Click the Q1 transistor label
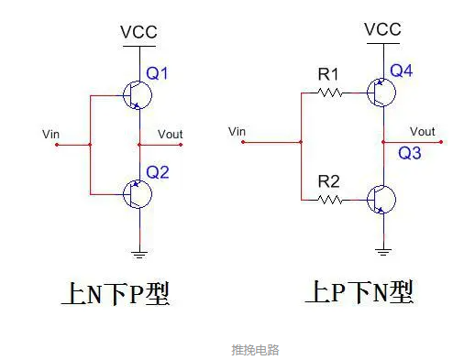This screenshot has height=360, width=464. (157, 74)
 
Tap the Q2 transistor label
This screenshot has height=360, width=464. (157, 171)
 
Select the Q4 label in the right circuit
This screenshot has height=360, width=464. (401, 71)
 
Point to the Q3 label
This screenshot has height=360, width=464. (410, 154)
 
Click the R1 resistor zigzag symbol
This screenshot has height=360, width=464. (328, 93)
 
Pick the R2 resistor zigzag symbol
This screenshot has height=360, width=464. (328, 198)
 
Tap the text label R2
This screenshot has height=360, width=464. (329, 180)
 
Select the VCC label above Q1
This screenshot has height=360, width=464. (139, 33)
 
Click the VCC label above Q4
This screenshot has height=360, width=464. (382, 29)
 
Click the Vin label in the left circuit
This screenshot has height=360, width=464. (51, 135)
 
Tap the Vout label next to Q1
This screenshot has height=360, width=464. (171, 135)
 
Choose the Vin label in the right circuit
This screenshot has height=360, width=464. (236, 132)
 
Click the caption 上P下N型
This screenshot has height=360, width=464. (359, 292)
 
